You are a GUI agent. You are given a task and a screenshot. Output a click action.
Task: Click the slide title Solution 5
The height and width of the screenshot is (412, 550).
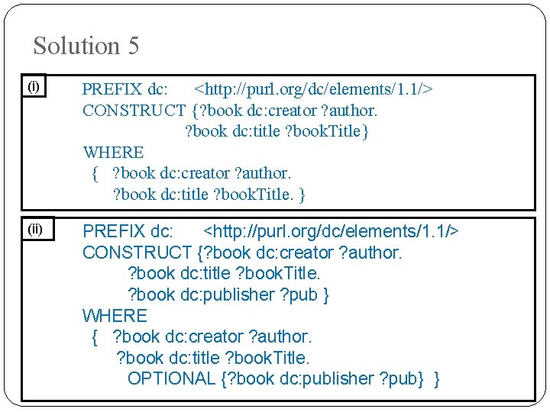[x=86, y=46]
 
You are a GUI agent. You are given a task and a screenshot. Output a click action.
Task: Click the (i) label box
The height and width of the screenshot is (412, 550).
[x=34, y=87]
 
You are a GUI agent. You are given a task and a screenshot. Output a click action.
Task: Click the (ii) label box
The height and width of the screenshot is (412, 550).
[x=36, y=228]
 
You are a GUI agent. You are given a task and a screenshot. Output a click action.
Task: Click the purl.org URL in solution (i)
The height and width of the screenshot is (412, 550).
[x=314, y=89]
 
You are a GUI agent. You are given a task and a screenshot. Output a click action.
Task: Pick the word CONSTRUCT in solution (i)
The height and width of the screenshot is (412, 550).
[x=134, y=111]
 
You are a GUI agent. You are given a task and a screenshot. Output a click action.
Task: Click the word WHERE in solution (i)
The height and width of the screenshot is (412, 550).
[x=113, y=153]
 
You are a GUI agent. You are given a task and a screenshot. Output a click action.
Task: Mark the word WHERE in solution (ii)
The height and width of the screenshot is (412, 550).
[x=115, y=315]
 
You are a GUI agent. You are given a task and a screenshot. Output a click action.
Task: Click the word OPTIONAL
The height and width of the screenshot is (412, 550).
[x=171, y=378]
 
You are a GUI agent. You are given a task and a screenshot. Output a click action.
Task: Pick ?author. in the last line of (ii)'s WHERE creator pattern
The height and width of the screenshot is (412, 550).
[x=280, y=336]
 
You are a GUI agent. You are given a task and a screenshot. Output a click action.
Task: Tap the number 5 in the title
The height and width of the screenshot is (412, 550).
[x=133, y=46]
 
